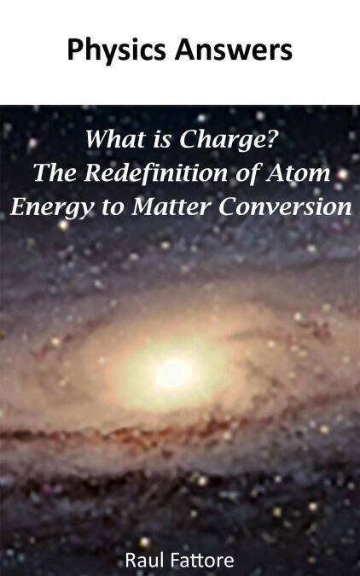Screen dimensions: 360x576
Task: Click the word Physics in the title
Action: (117, 51)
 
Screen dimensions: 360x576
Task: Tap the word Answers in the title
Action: (234, 49)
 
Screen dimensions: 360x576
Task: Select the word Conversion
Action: (286, 207)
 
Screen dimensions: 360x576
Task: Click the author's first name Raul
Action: (141, 561)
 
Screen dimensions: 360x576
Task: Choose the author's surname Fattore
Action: (198, 561)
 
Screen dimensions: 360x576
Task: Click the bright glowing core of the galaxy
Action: (174, 373)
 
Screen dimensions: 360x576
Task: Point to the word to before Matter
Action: (113, 208)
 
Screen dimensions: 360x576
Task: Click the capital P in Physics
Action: (75, 49)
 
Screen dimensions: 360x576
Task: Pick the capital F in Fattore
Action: (167, 561)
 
